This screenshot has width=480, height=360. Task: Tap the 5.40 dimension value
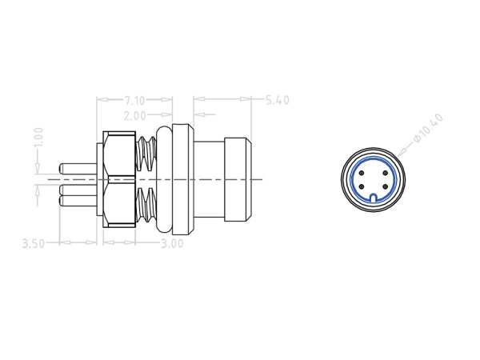[x=276, y=100]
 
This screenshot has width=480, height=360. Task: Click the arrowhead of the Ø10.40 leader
[x=398, y=154]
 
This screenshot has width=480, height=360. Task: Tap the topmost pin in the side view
[x=78, y=170]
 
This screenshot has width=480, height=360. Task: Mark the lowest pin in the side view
[x=78, y=201]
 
